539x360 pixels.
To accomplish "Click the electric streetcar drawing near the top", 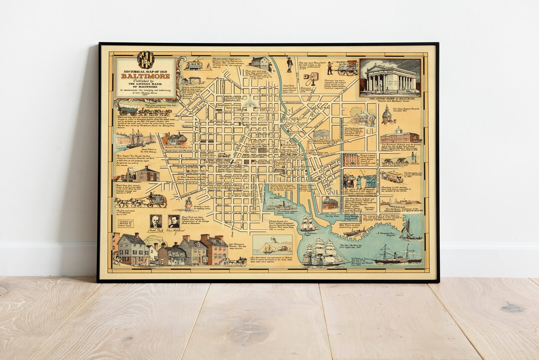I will [x=193, y=64].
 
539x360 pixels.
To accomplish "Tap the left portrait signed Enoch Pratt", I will [x=156, y=221].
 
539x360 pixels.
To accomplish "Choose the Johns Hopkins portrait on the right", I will [x=173, y=221].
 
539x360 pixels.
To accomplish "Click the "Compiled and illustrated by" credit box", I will [x=127, y=224].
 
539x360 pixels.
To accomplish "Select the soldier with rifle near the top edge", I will [x=289, y=64].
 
